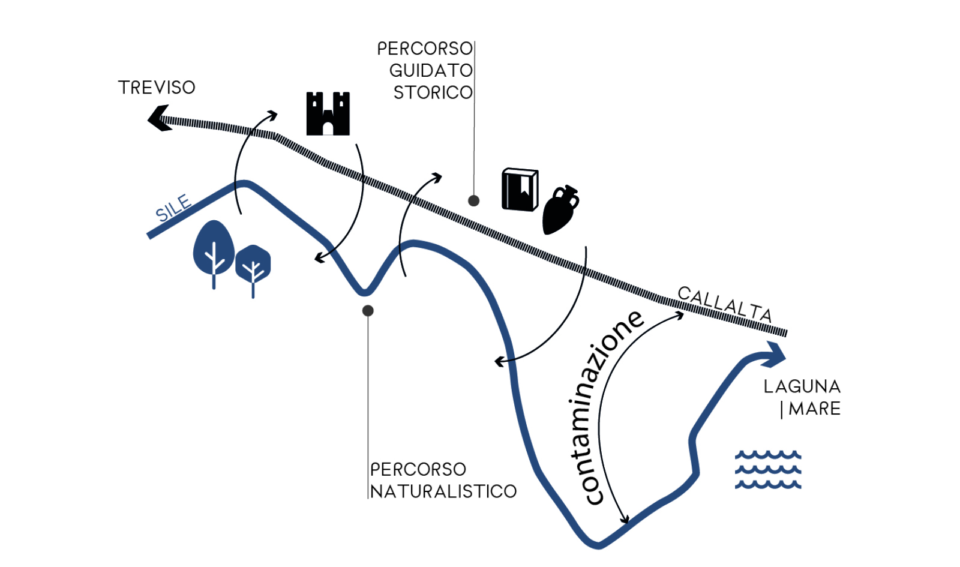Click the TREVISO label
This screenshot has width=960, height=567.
(x=157, y=88)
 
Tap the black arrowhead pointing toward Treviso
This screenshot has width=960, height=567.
(x=158, y=118)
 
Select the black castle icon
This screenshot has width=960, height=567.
(x=328, y=113)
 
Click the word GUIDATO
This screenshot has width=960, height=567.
(x=431, y=71)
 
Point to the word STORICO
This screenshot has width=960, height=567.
(x=433, y=92)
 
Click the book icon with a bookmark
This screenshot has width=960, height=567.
(x=520, y=190)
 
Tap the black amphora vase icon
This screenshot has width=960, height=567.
(x=560, y=210)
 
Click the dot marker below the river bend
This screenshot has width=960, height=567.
(x=368, y=311)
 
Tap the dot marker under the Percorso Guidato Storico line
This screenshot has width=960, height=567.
(x=473, y=200)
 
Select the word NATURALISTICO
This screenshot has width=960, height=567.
(x=443, y=491)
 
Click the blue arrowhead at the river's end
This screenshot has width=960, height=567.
(x=773, y=355)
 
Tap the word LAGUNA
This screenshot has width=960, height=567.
(x=802, y=386)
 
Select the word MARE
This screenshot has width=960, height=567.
(x=814, y=409)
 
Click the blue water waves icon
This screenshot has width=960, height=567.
(x=768, y=470)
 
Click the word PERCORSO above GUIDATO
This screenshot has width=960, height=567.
(x=425, y=49)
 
